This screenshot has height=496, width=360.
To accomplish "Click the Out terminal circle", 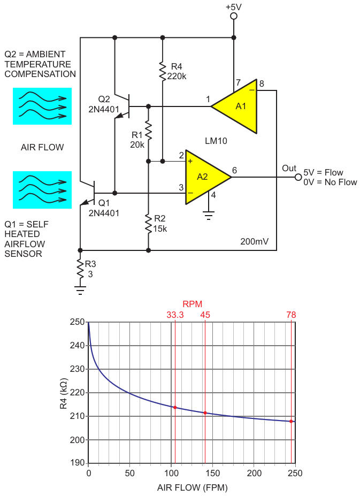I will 297,177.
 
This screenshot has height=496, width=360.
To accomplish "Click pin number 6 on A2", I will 234,170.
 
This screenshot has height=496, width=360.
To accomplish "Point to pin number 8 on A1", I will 262,83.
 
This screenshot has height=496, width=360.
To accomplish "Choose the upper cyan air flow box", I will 42,106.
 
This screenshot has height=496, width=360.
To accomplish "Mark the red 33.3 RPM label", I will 175,315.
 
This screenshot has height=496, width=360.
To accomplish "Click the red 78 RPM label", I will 290,315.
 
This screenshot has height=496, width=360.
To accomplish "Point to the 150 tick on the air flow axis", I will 212,473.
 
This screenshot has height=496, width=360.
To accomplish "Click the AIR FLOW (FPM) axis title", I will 192,487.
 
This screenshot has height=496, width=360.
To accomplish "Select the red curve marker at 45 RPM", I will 205,413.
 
